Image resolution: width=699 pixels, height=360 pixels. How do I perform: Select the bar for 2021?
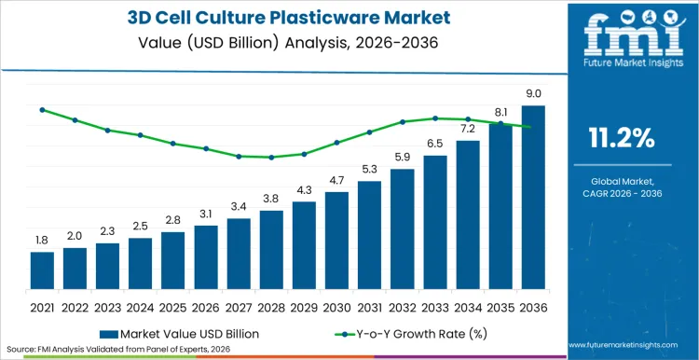(42, 270)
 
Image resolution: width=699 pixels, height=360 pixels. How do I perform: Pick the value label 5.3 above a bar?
(369, 169)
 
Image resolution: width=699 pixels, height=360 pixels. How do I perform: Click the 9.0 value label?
(533, 93)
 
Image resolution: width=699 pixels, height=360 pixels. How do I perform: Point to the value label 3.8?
(271, 199)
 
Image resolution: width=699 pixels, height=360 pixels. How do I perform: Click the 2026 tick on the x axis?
(206, 306)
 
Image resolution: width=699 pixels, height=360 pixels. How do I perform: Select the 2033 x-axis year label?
(435, 306)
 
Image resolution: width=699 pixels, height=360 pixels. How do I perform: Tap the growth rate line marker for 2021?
(42, 109)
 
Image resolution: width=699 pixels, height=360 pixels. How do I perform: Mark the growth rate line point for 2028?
(271, 158)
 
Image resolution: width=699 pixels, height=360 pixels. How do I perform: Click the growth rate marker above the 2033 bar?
(435, 118)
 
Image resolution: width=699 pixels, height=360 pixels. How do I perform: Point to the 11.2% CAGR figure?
(622, 139)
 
